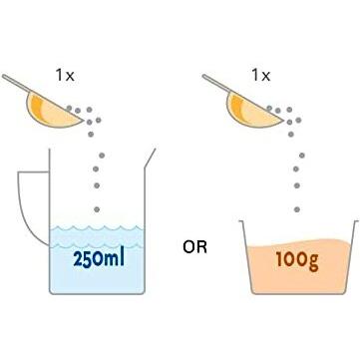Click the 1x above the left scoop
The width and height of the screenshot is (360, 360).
click(x=67, y=75)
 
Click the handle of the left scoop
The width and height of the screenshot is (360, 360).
click(x=14, y=82)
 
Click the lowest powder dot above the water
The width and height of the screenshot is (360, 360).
click(x=97, y=208)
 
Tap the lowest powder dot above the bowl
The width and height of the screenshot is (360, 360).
click(x=295, y=208)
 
